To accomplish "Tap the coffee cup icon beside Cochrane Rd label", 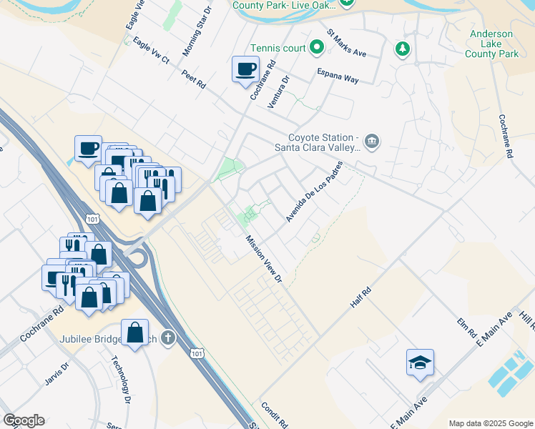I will pos(245,69).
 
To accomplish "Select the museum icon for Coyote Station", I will pos(371,142).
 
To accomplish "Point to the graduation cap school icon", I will pos(420,363).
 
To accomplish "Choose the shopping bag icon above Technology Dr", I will pos(134,332).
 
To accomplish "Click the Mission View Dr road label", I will pos(264,260).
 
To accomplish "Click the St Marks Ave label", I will pos(346,43).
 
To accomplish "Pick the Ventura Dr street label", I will pos(282,92).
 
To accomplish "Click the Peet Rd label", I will pos(193,79).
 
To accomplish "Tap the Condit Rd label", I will pos(275,413).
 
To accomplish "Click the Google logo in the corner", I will pos(24,420).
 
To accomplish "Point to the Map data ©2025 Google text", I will pos(491,423).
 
